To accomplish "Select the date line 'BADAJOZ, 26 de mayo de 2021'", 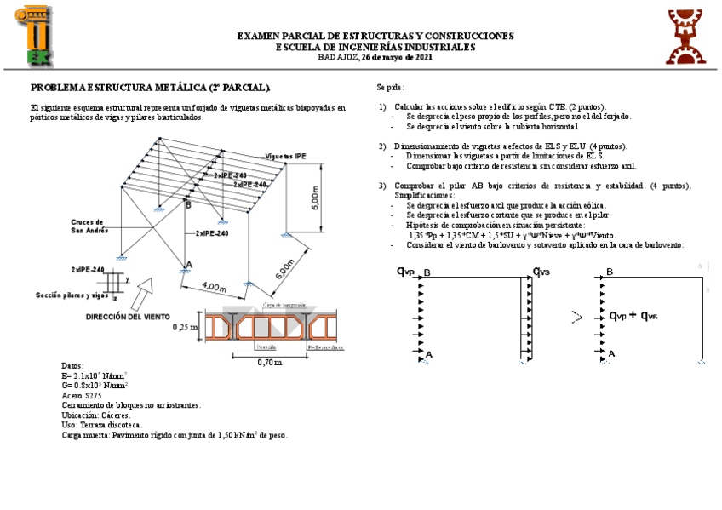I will coord(375,57).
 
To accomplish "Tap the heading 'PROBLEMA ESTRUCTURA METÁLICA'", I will coord(151,88).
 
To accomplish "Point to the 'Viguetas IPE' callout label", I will coord(285,157).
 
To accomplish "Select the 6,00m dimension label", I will coord(284,271).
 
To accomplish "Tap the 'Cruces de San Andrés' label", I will coord(89,226).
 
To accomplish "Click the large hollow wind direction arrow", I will coord(140,294).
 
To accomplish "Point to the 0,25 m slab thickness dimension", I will coord(185,327).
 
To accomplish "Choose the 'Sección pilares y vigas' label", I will coord(72,295).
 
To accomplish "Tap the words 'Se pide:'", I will coord(391,88).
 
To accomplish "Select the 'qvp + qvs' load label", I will coord(633,316).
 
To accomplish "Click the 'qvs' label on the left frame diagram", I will coord(541,272).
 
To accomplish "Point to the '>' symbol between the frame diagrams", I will coord(576,318).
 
